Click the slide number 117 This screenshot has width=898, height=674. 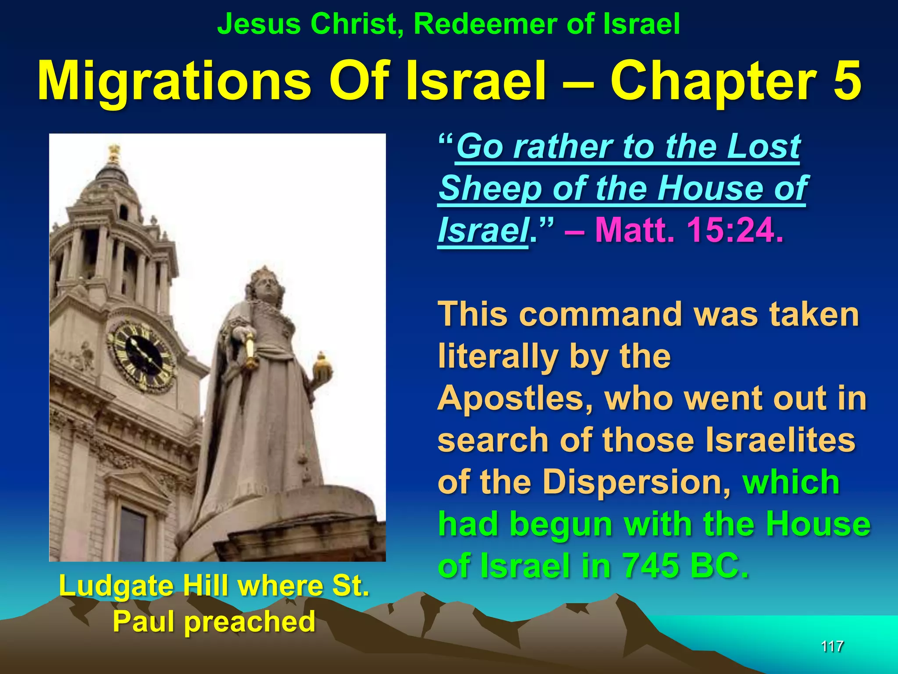[832, 646]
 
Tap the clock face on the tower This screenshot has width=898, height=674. [143, 356]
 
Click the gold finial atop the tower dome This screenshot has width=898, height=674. [114, 154]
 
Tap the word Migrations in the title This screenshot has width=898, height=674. [174, 82]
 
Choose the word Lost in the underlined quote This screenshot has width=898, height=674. [763, 147]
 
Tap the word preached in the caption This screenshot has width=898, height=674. [250, 622]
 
